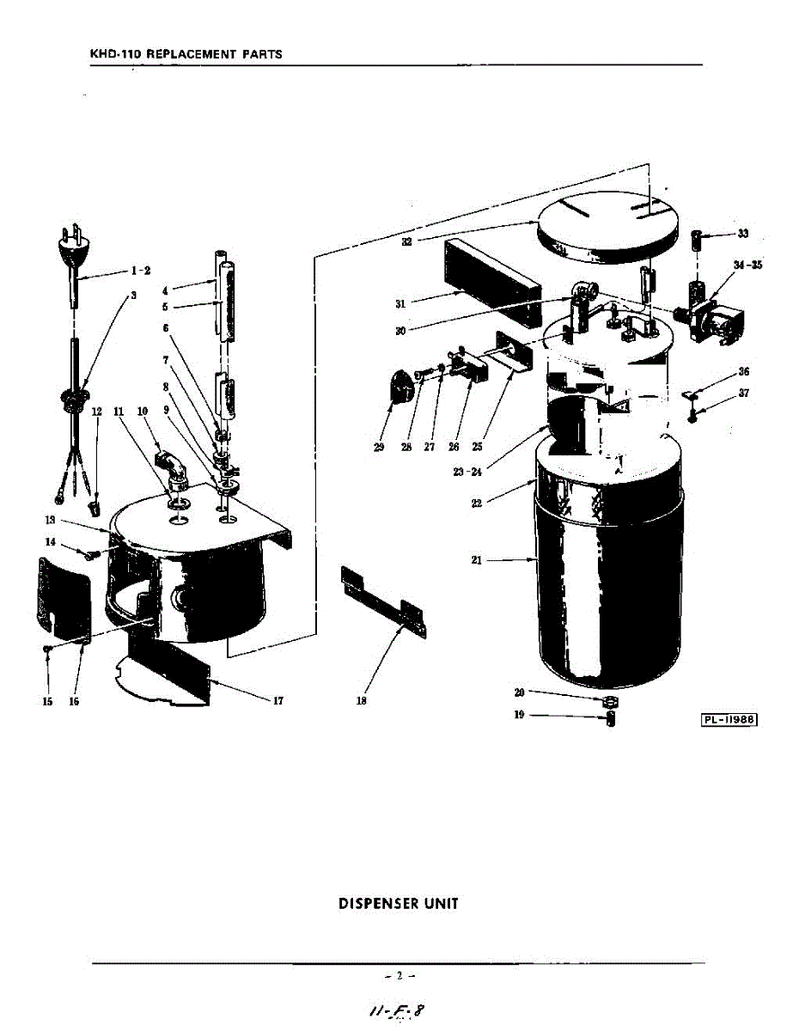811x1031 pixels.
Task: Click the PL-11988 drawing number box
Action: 729,720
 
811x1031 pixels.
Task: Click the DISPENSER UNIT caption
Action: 399,904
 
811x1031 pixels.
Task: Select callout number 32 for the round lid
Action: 407,241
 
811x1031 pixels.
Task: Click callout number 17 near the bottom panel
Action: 277,700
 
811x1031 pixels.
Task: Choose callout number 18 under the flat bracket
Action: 362,700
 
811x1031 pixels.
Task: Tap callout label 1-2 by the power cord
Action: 141,271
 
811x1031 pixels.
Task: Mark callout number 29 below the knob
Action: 379,447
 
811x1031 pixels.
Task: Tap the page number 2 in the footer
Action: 399,975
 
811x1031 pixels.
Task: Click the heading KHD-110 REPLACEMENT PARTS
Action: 186,54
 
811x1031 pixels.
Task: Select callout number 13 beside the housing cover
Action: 51,520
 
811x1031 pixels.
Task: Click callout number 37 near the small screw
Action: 743,394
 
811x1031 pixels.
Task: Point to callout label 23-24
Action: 467,472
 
